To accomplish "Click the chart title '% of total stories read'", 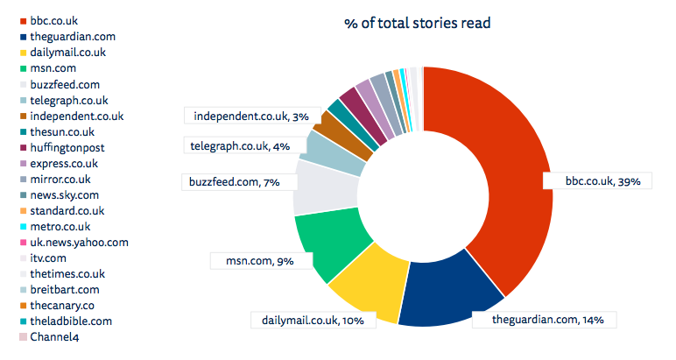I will (417, 23).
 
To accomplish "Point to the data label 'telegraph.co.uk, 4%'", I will (238, 145).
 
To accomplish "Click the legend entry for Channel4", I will (53, 336).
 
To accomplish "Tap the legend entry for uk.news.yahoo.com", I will (79, 242).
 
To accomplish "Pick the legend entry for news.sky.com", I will (64, 194).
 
